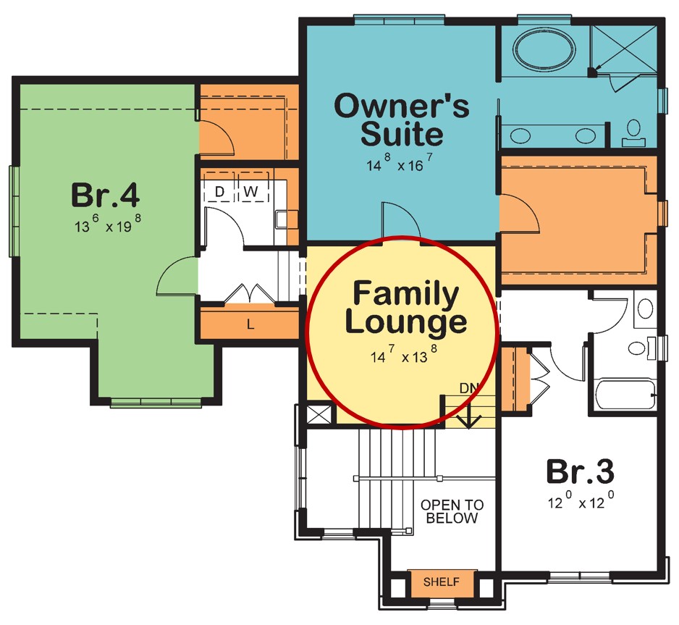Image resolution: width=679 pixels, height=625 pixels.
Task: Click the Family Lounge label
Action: (x=406, y=308)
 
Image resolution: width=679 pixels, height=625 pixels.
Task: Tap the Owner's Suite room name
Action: (x=402, y=119)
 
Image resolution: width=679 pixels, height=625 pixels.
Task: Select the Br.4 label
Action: (x=105, y=195)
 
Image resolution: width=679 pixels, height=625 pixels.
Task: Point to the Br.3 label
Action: (x=580, y=471)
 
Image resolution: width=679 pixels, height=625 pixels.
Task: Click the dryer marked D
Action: (x=219, y=191)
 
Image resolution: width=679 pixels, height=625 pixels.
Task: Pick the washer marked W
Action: (x=250, y=191)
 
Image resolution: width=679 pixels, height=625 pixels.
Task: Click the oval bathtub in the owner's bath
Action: (x=544, y=48)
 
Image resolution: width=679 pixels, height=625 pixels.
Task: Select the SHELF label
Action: (x=442, y=582)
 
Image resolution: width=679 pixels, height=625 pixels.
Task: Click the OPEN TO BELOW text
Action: (x=452, y=511)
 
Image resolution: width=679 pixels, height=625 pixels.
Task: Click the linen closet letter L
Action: (x=250, y=324)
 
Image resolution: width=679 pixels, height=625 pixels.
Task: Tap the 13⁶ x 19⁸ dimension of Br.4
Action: (x=107, y=224)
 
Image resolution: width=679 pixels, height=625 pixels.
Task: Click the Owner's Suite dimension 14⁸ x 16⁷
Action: (x=399, y=163)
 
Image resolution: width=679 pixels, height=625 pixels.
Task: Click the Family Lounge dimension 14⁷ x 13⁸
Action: (x=403, y=354)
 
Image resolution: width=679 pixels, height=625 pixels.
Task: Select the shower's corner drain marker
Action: (x=592, y=72)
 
